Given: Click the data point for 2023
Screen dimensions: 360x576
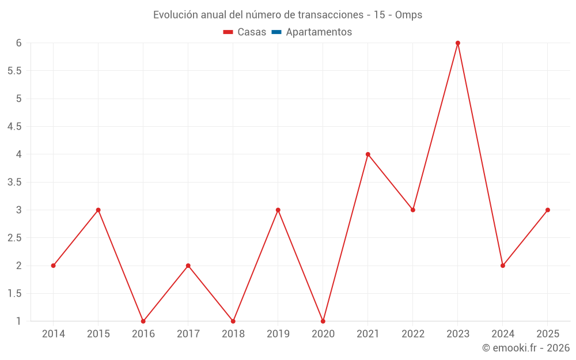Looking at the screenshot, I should click(458, 43).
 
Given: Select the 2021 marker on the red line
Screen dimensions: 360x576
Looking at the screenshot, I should click(368, 154).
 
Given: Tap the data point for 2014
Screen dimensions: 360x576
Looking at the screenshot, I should click(53, 266).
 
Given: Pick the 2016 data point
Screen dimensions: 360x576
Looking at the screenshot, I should click(143, 321).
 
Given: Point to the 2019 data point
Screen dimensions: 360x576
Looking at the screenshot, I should click(278, 210).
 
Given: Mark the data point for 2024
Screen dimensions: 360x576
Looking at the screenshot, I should click(503, 266).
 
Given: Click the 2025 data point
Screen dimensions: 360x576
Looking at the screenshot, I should click(548, 210).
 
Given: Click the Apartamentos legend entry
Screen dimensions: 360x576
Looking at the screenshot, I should click(319, 32).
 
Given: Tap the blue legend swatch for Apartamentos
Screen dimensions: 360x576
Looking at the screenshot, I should click(276, 32).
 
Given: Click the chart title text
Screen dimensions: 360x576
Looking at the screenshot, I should click(287, 15).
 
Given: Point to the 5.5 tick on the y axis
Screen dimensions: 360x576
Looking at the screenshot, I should click(14, 71).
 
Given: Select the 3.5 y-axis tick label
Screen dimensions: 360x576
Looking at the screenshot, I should click(14, 182).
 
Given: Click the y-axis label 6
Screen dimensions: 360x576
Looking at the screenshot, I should click(19, 43).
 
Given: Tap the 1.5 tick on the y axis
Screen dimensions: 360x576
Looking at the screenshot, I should click(14, 293).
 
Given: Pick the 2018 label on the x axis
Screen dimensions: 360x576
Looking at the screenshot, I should click(233, 334).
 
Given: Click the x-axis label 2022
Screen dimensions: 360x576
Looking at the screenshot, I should click(413, 334).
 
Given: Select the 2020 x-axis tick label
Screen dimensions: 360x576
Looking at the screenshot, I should click(323, 334).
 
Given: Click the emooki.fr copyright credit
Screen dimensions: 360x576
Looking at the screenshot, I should click(525, 348).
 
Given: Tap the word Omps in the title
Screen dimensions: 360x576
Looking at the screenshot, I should click(408, 15).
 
